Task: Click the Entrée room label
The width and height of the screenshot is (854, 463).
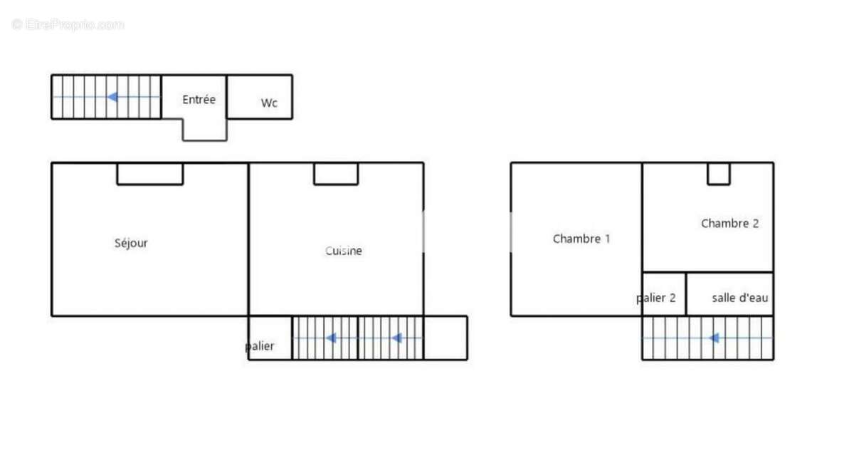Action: pos(199,100)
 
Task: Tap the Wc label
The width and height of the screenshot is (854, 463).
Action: pos(269,103)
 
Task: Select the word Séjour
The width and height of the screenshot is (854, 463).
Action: pos(131,243)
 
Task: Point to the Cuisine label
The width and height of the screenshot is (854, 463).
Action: pos(344,251)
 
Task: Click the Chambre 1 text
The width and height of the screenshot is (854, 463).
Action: pos(581,239)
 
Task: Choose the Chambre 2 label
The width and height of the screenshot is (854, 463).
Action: pos(729,223)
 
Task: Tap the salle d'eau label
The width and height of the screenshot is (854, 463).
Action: pos(739,298)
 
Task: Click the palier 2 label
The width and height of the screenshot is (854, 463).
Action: pos(655,298)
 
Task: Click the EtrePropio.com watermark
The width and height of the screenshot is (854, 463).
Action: pos(68,25)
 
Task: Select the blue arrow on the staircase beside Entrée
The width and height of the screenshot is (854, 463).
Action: pos(112,97)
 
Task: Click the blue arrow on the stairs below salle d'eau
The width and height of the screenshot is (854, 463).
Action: pos(714,338)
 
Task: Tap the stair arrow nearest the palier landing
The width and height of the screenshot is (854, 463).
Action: pos(331,338)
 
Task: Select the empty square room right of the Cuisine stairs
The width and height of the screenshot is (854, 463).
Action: pos(446,338)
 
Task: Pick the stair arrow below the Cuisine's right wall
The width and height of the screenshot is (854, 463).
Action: pos(397,338)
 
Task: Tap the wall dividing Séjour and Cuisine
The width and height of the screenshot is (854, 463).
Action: pos(248,239)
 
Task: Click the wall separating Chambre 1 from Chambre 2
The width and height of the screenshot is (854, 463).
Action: pos(642,239)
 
